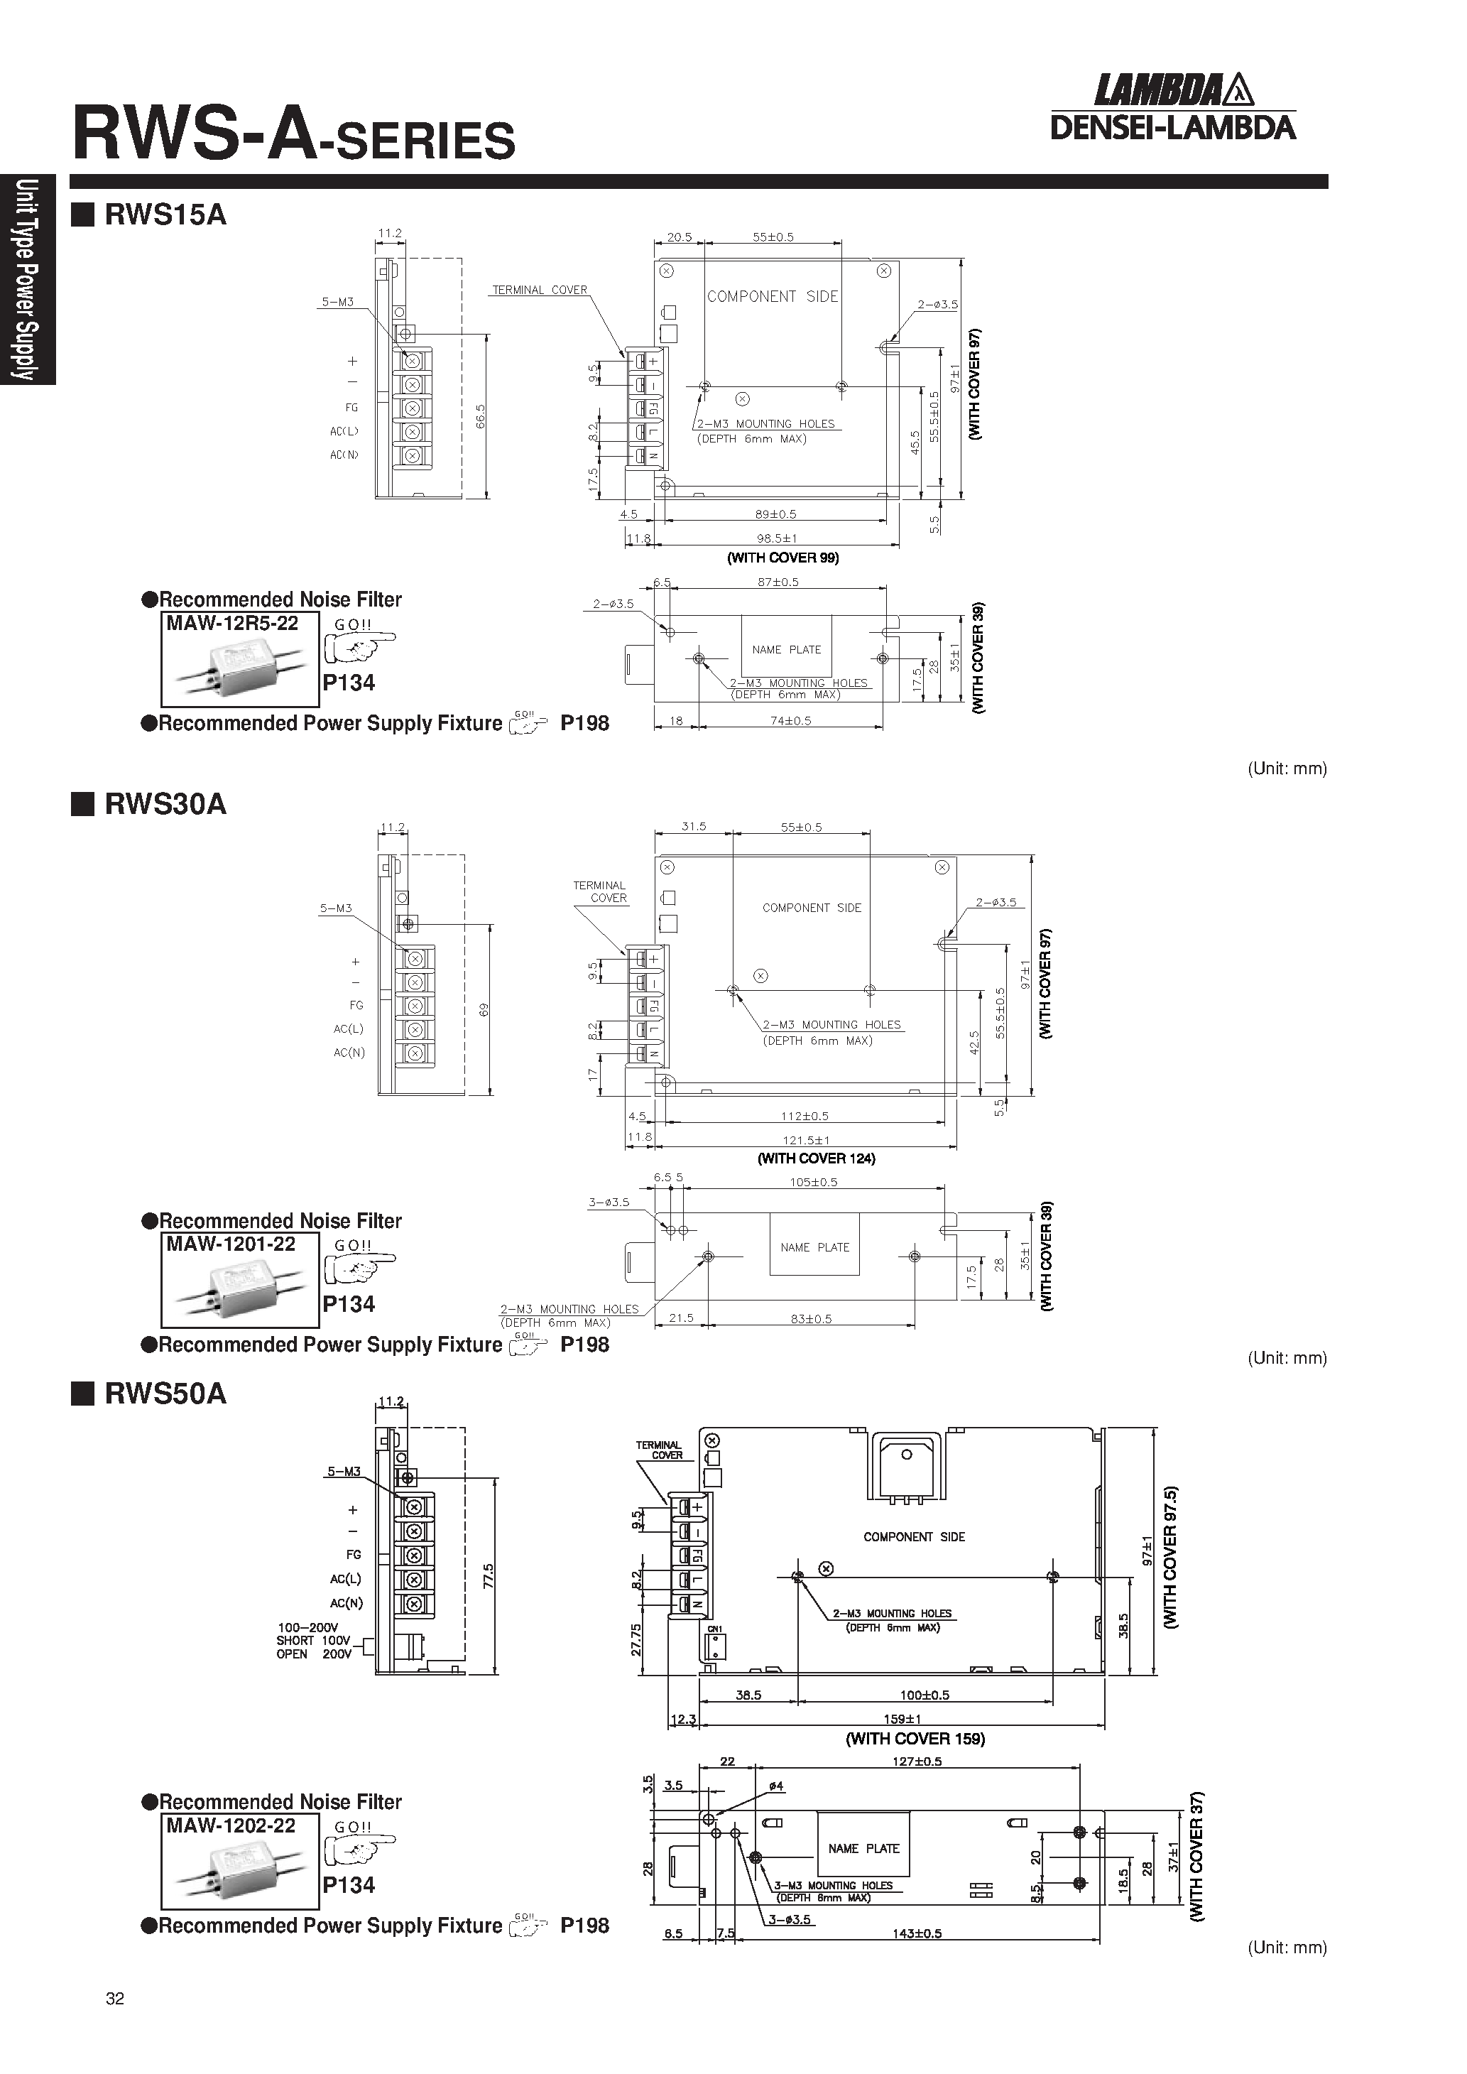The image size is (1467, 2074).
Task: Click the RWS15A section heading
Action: [x=165, y=215]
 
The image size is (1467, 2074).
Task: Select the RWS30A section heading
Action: [x=165, y=804]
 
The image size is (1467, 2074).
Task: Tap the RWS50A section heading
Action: [x=165, y=1393]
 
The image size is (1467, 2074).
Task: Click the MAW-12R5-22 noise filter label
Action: [x=232, y=624]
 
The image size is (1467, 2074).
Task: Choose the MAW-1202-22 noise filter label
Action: [x=230, y=1825]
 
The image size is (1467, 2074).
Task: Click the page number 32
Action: [x=115, y=1998]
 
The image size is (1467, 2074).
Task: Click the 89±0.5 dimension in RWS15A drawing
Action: [x=776, y=514]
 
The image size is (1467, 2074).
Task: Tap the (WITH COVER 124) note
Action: [x=816, y=1158]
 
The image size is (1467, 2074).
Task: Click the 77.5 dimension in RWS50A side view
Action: [x=488, y=1575]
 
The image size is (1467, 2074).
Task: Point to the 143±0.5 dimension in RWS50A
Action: [x=916, y=1933]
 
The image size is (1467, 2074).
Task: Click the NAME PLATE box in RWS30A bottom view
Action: [x=814, y=1247]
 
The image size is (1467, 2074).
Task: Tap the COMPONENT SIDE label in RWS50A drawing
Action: [x=913, y=1536]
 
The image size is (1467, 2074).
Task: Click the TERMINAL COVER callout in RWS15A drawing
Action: [x=539, y=290]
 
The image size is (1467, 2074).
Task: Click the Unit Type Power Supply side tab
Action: [x=27, y=279]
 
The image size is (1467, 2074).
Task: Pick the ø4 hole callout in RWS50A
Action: [x=776, y=1786]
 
